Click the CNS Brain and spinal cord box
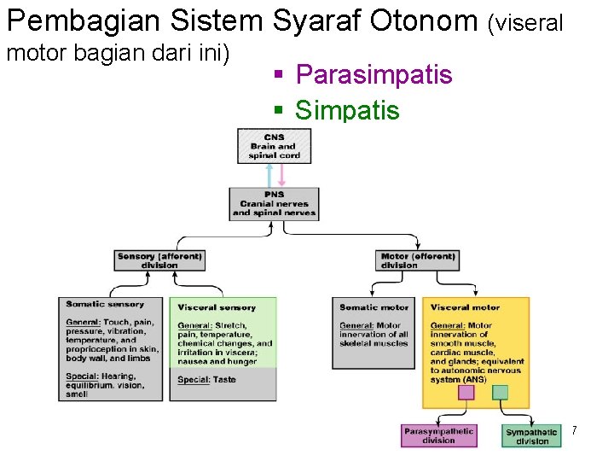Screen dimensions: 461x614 [x=274, y=146]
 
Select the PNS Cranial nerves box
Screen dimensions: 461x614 [x=274, y=204]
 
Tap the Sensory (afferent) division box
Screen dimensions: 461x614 [x=160, y=260]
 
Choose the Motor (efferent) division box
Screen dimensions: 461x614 [x=418, y=260]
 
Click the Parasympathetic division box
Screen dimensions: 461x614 [x=438, y=435]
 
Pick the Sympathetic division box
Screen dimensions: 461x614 [x=532, y=436]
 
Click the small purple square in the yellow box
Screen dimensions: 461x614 [x=466, y=393]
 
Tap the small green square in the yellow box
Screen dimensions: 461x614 [x=500, y=393]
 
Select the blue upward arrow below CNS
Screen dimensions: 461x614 [x=269, y=175]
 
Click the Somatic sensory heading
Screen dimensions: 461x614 [x=105, y=305]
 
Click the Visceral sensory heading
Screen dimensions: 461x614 [x=217, y=307]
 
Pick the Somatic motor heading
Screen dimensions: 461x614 [x=374, y=307]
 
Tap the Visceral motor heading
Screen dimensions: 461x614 [x=465, y=307]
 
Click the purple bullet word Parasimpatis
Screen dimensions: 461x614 [x=374, y=75]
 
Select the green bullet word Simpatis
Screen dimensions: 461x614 [x=346, y=110]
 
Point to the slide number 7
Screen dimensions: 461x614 [x=574, y=431]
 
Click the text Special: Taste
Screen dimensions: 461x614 [x=206, y=379]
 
